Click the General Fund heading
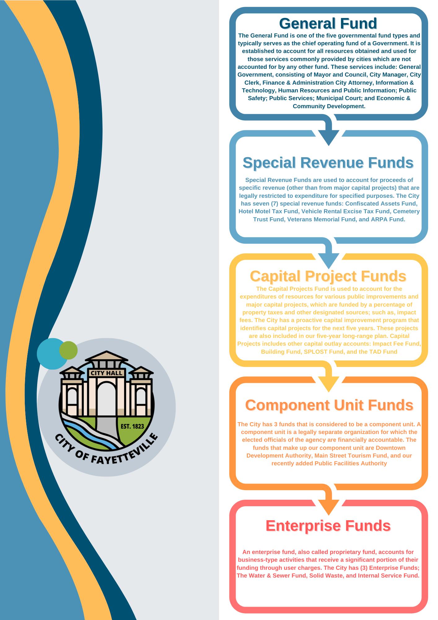coord(328,24)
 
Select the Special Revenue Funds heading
coord(328,163)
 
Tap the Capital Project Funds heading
coord(328,276)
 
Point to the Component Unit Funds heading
coord(329,405)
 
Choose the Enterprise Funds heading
coord(328,525)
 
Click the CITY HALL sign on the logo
coord(106,373)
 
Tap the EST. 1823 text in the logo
coord(133,427)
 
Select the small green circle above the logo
coord(69,350)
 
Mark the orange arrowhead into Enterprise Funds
coord(328,507)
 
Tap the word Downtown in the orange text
coord(390,448)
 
